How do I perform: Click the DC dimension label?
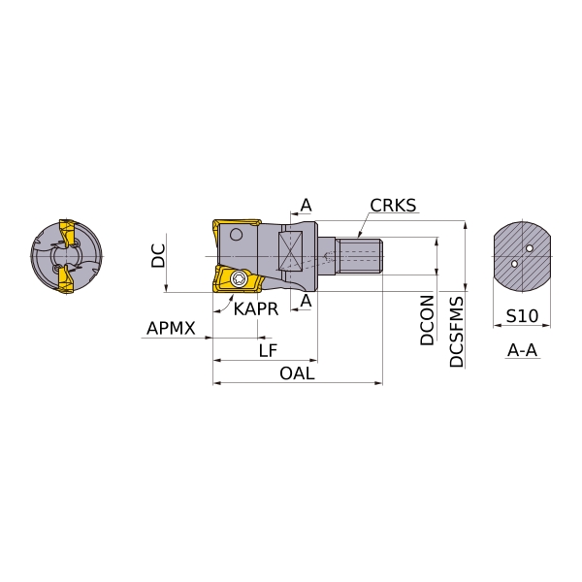coord(158,256)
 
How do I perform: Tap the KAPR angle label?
coord(256,309)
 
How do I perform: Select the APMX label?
coord(171,329)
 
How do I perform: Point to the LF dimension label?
coord(268,350)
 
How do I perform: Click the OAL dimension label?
coord(297,373)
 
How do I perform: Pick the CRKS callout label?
coord(393,206)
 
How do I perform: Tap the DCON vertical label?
coord(427,320)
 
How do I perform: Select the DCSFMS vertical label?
coord(457,332)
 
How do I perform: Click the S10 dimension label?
coord(522,316)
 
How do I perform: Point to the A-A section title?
coord(522,350)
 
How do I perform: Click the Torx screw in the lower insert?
coord(238,279)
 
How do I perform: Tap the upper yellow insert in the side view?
coord(237,226)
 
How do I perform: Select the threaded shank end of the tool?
coord(359,256)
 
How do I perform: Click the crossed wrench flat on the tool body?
coord(290,250)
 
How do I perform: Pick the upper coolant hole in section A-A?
coord(530,248)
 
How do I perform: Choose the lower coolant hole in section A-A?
coord(514,264)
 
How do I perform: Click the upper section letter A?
coord(307,205)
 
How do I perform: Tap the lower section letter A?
coord(307,301)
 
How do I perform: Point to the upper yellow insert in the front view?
coord(66,234)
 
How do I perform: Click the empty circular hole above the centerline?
coord(236,235)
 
